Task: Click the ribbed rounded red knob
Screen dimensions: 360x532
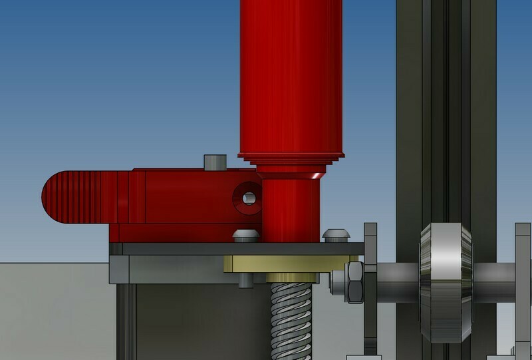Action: pyautogui.click(x=73, y=197)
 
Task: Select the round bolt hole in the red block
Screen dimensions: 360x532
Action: pyautogui.click(x=247, y=198)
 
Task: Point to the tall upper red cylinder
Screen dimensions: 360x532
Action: pyautogui.click(x=293, y=73)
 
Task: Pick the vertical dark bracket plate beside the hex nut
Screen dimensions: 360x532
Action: pyautogui.click(x=370, y=293)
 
